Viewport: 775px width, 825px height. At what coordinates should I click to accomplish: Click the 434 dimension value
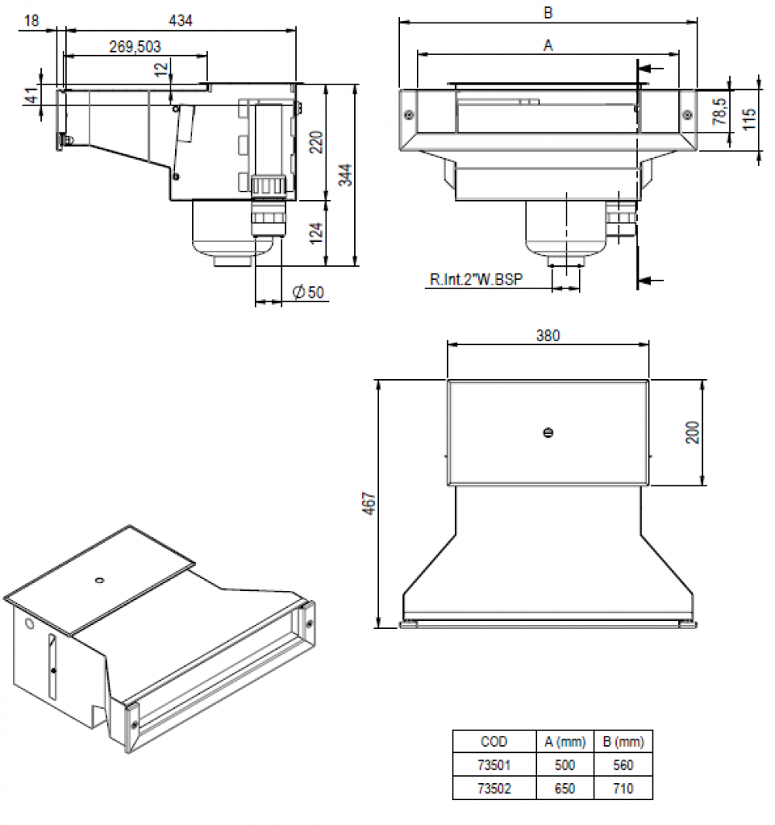181,20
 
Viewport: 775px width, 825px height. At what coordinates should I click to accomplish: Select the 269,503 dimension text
135,47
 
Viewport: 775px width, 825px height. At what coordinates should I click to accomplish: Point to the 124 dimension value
315,233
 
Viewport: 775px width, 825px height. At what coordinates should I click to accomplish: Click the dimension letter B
548,12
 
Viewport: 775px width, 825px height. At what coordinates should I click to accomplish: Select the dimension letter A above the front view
548,46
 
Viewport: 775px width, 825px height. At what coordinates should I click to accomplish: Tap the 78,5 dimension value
720,112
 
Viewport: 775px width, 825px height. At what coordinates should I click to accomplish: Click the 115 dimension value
749,119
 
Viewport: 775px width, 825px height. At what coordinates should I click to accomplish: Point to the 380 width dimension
548,336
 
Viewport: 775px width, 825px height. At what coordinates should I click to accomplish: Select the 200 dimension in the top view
692,432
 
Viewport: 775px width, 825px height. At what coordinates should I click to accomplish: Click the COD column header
494,742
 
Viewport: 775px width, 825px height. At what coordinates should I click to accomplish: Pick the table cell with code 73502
494,789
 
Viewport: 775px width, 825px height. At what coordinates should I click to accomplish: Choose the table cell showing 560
622,765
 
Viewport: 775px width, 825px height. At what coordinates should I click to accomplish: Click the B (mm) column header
622,742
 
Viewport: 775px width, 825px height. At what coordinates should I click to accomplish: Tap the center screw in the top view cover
548,433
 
